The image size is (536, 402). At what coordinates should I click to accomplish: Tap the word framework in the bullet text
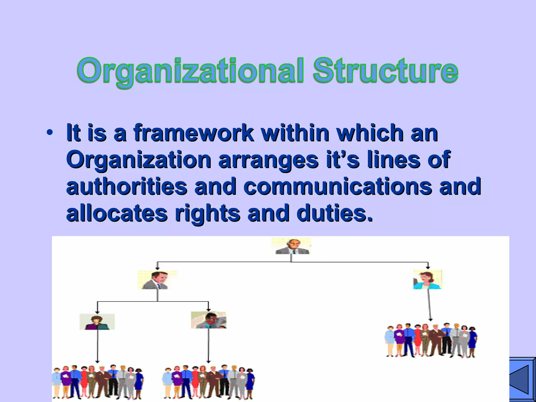[x=193, y=133]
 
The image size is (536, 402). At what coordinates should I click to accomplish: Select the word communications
[x=338, y=186]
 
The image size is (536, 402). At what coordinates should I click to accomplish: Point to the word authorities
[x=127, y=186]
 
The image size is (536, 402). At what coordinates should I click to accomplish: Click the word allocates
[x=117, y=213]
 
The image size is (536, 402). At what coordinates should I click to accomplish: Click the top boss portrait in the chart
[x=292, y=246]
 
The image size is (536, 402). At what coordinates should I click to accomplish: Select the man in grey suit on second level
[x=157, y=280]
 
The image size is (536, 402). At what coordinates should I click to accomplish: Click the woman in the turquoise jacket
[x=428, y=280]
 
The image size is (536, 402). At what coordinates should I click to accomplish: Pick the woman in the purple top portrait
[x=97, y=322]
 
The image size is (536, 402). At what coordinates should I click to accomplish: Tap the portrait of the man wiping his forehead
[x=209, y=320]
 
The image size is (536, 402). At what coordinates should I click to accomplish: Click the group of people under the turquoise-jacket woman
[x=431, y=340]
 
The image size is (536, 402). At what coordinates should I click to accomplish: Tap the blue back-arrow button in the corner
[x=523, y=379]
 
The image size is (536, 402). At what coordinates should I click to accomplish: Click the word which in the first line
[x=370, y=133]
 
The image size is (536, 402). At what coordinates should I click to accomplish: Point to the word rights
[x=207, y=213]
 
